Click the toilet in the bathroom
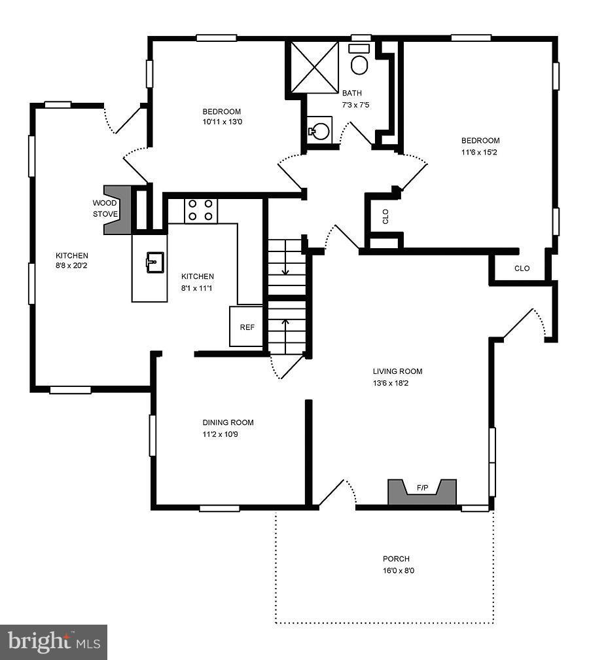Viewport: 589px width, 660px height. point(359,60)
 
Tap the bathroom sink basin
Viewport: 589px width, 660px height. point(320,131)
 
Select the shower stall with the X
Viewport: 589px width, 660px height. point(315,67)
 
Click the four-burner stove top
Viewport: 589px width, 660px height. point(201,210)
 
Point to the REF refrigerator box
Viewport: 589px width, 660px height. point(247,327)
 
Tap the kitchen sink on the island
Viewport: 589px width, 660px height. point(155,262)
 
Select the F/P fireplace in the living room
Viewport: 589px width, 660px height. point(422,492)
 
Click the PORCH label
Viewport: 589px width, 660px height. point(396,559)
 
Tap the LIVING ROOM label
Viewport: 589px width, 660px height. point(398,371)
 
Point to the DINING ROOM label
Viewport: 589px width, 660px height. point(228,422)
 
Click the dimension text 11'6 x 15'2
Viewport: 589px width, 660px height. point(479,153)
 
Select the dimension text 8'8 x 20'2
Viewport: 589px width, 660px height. point(71,266)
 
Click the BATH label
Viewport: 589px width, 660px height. point(351,93)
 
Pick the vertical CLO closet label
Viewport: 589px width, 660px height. point(385,216)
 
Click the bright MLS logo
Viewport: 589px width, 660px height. point(54,642)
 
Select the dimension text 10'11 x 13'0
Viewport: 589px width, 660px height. point(222,122)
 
